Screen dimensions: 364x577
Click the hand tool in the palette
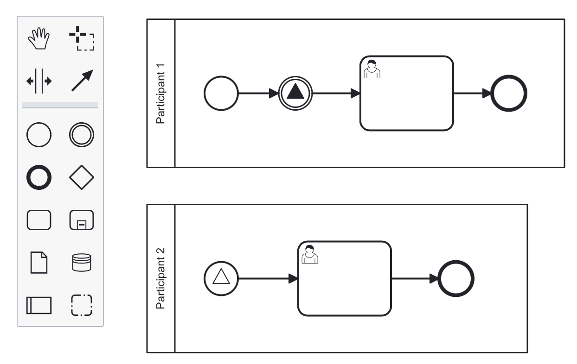(38, 39)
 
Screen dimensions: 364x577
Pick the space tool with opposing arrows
(38, 81)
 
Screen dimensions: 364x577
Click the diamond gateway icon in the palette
(82, 177)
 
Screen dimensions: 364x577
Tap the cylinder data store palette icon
(82, 262)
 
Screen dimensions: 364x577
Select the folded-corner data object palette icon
(38, 262)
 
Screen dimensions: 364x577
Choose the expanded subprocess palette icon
(82, 220)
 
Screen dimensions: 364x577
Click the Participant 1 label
(161, 93)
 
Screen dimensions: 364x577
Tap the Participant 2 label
(161, 278)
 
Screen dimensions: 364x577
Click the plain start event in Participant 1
(221, 93)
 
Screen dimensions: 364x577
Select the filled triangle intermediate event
(296, 93)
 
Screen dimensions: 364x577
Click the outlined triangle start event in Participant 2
(221, 278)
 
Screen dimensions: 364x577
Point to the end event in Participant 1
(509, 93)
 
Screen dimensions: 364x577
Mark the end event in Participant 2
(456, 278)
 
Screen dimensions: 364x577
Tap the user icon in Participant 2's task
(310, 254)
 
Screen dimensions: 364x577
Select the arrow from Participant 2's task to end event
(414, 279)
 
